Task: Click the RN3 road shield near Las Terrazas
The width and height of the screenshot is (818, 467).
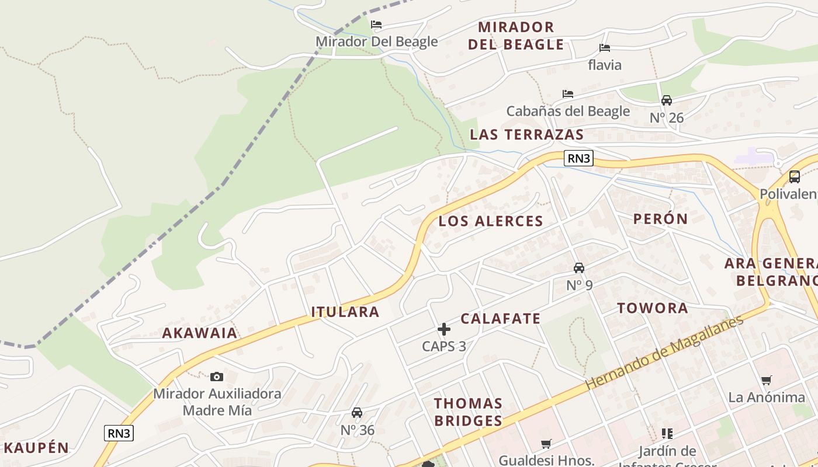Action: coord(579,158)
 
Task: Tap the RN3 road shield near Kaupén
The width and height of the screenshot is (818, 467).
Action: coord(119,433)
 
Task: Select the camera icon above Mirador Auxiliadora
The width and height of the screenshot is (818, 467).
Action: coord(217,377)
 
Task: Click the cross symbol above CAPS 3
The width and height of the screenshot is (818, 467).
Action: coord(444,329)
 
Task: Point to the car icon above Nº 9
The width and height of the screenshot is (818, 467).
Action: coord(579,268)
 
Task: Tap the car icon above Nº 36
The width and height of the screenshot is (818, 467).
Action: coord(357,413)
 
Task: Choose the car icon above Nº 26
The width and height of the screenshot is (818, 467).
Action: coord(667,100)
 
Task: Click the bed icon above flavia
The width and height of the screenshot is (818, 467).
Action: coord(605,48)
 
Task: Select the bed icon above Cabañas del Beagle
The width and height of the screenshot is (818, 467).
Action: coord(568,94)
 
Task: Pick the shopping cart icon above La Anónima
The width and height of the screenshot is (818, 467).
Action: coord(767,381)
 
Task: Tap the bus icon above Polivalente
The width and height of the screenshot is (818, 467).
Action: coord(795,176)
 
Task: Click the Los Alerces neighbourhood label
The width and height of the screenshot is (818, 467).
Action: coord(491,221)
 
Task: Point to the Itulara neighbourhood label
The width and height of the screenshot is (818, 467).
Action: coord(345,312)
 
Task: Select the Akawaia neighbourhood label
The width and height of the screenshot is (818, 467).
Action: coord(200,333)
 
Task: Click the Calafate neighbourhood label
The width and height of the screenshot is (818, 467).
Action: coord(501,319)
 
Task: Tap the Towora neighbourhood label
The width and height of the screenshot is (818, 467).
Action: coord(653,308)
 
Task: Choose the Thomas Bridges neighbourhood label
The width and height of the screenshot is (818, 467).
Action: coord(468,412)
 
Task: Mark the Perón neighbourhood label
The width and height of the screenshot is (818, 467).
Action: coord(661,219)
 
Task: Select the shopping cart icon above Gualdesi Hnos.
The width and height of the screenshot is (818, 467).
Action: coord(546,444)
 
